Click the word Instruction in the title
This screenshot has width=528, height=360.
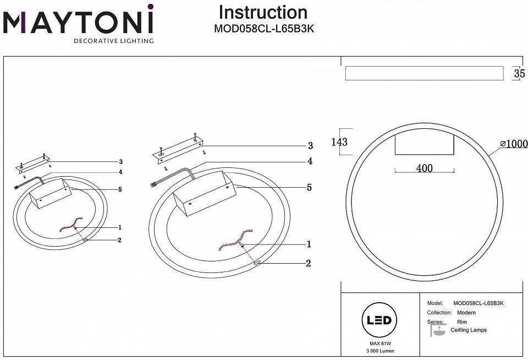tap(263, 12)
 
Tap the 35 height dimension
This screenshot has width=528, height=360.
tap(519, 73)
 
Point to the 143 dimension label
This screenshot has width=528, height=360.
tap(339, 142)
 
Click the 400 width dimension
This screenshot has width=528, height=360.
tap(424, 168)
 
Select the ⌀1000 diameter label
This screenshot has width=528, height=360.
tap(514, 144)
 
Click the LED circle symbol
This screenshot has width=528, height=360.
tap(377, 320)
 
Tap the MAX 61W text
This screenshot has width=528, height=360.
tap(377, 343)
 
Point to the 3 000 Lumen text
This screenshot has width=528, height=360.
tap(377, 351)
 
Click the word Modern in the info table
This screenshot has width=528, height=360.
tap(466, 313)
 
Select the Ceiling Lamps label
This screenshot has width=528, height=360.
tap(468, 330)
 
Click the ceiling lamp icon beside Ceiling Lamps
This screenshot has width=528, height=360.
tap(438, 330)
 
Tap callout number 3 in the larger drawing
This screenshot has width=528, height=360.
tap(310, 146)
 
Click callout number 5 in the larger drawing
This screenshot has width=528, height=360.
tap(309, 188)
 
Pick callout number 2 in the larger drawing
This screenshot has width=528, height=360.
tap(309, 264)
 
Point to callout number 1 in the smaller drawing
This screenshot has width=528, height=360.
tap(119, 227)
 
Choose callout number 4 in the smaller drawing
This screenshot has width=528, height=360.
tap(120, 172)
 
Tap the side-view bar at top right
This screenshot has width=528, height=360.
tap(424, 73)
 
